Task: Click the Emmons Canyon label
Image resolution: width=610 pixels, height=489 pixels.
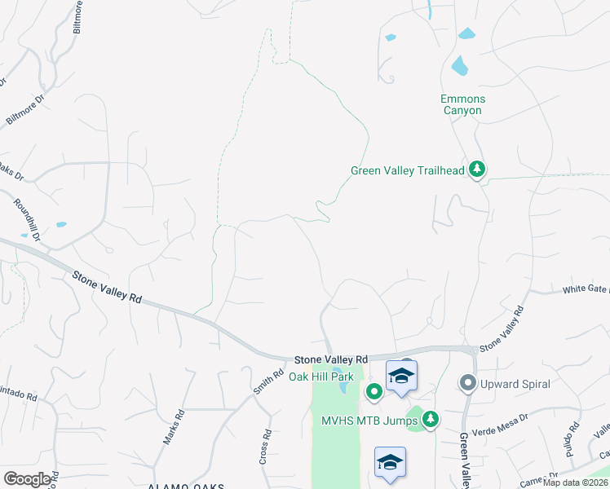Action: [463, 104]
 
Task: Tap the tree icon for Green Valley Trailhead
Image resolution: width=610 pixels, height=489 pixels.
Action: [477, 170]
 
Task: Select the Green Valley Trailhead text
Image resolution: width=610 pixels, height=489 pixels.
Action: [407, 170]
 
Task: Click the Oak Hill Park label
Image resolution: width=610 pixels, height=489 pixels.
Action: [322, 377]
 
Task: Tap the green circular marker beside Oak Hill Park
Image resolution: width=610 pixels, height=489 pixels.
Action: [374, 393]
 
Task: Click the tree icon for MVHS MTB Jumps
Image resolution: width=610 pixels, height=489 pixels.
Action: [431, 420]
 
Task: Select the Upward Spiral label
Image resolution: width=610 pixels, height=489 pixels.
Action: [516, 383]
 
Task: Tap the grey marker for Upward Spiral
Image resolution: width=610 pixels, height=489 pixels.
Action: [468, 382]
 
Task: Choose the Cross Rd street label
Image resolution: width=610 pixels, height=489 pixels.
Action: [264, 447]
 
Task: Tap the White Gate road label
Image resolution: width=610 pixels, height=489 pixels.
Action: [586, 289]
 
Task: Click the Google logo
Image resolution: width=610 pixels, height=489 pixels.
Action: [28, 479]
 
